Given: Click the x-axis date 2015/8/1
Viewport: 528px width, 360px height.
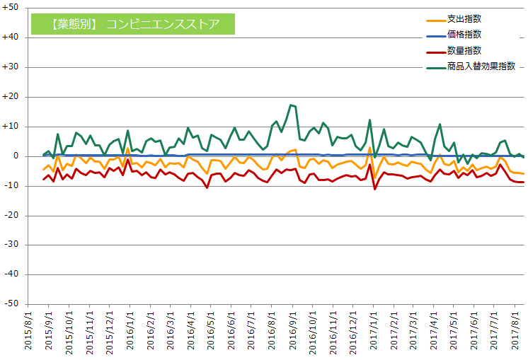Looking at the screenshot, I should (28, 330).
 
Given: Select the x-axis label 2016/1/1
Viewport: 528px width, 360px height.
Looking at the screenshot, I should (130, 330).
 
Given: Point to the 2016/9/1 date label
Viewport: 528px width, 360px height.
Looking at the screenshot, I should (293, 330).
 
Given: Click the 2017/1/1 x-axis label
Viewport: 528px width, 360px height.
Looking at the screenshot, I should (375, 330).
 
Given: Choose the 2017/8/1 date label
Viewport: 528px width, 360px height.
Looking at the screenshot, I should (517, 330).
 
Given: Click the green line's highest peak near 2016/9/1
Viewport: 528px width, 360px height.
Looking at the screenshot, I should (290, 105).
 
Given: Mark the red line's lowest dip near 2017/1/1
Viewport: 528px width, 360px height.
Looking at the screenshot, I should (374, 189).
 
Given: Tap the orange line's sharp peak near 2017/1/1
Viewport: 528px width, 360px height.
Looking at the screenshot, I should (370, 147).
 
